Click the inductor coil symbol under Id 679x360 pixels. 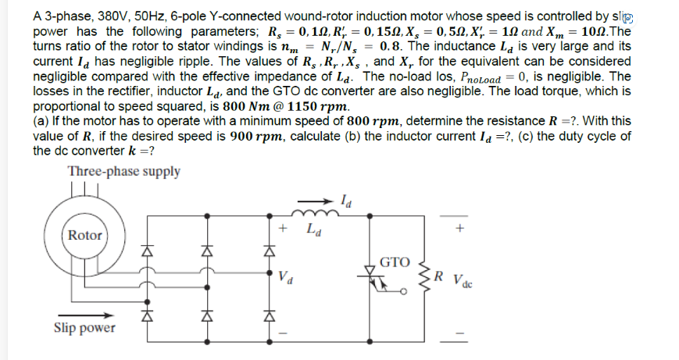pyautogui.click(x=306, y=210)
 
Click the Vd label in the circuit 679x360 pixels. pyautogui.click(x=286, y=276)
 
